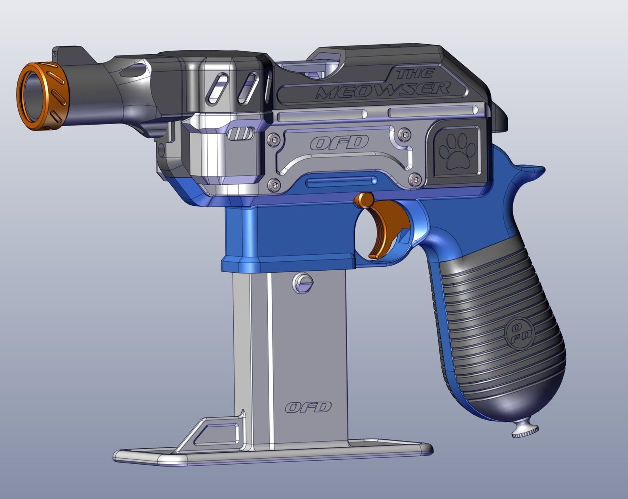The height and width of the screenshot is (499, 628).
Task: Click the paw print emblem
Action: coord(459,151)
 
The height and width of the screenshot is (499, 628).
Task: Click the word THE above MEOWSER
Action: coord(416,74)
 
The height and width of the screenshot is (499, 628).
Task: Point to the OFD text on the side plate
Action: coord(339,143)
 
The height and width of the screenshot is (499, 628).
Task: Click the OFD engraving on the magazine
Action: coord(308,407)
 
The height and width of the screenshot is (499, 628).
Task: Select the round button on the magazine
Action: coord(303,283)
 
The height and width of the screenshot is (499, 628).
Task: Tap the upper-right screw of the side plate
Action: coord(403,134)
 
